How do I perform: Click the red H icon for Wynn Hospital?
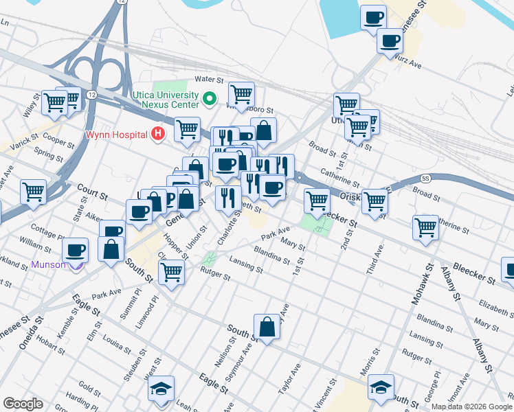[159, 133]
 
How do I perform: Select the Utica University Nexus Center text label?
[165, 100]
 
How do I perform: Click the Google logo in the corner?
[23, 404]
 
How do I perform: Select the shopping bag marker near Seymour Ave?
[267, 328]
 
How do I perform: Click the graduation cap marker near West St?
[161, 389]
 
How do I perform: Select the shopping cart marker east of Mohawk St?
[425, 227]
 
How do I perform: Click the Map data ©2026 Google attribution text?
[472, 407]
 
